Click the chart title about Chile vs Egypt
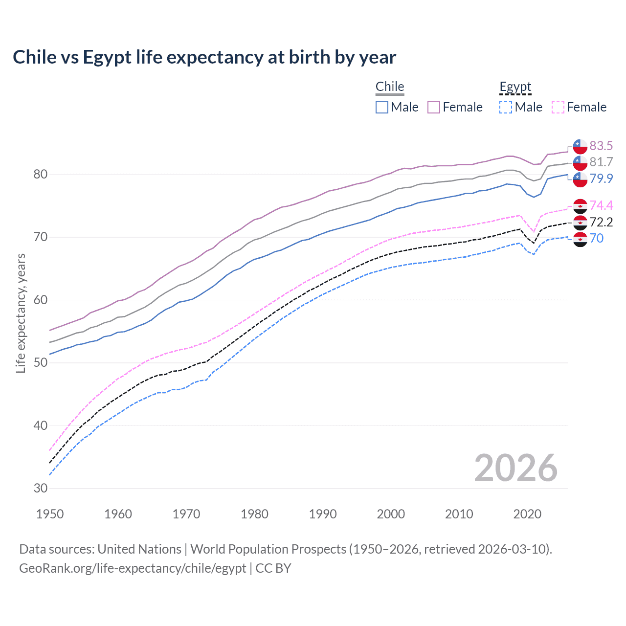(x=204, y=57)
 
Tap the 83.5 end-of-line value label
(x=601, y=146)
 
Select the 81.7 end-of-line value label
(x=601, y=162)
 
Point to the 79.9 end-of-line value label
(x=601, y=179)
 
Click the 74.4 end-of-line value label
(x=601, y=205)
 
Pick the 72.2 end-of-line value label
(x=601, y=222)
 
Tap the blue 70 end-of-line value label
(x=597, y=238)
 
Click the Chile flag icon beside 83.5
(x=580, y=146)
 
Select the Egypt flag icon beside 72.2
(x=580, y=223)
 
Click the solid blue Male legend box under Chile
(x=382, y=107)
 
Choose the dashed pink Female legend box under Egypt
(x=558, y=107)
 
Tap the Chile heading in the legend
(x=390, y=87)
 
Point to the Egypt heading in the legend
(x=515, y=87)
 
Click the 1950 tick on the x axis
(x=50, y=514)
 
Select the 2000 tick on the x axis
(x=391, y=514)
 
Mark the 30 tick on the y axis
(x=41, y=488)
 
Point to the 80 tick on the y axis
(x=41, y=174)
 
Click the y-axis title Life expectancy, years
(x=21, y=313)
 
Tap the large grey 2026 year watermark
(x=515, y=468)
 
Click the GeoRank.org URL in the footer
(x=133, y=568)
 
